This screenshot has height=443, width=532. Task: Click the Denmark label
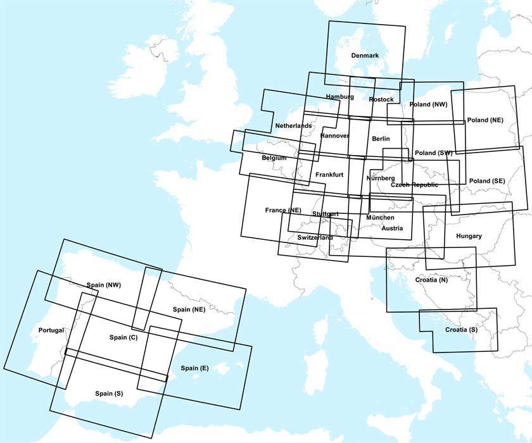(x=365, y=56)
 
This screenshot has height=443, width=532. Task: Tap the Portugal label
(x=51, y=330)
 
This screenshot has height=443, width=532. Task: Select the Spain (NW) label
(x=104, y=285)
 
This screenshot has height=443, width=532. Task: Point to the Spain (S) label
(x=109, y=394)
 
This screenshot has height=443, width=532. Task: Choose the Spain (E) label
(x=194, y=368)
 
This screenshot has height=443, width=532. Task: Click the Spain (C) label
(x=123, y=337)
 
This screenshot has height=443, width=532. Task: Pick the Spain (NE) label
(x=189, y=309)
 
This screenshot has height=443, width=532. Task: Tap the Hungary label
(x=469, y=236)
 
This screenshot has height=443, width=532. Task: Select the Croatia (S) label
(x=460, y=330)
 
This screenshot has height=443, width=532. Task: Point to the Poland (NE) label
(x=485, y=120)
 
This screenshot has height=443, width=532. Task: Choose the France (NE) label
(x=283, y=209)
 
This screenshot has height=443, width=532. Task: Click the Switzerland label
(x=315, y=237)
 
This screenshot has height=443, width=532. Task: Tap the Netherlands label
(x=293, y=126)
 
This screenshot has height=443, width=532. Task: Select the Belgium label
(x=274, y=158)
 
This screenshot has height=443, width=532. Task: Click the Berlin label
(x=381, y=139)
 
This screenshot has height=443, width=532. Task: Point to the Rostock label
(x=381, y=99)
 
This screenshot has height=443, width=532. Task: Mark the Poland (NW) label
(x=429, y=104)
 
